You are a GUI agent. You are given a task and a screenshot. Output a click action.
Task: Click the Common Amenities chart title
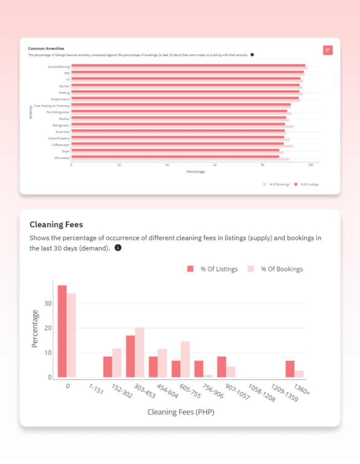point(46,48)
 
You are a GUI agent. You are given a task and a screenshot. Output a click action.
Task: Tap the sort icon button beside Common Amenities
point(328,50)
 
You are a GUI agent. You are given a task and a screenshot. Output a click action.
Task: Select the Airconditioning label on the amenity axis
point(59,67)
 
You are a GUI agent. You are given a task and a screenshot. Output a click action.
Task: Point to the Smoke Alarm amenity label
point(60,99)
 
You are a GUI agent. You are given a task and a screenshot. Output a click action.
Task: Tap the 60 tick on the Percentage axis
point(215,165)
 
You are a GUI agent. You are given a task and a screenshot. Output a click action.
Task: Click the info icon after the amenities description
point(252,55)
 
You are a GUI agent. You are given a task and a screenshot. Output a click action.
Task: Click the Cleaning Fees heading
point(56,225)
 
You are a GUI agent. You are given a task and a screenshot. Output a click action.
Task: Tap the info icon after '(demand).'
point(118,248)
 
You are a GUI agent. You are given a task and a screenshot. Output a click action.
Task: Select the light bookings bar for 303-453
point(140,353)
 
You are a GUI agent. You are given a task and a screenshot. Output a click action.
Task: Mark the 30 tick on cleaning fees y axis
point(48,303)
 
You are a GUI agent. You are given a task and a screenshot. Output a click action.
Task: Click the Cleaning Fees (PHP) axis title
point(180,412)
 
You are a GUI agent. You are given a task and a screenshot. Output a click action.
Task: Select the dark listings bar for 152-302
point(108,367)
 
